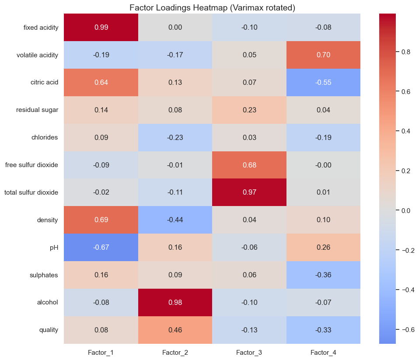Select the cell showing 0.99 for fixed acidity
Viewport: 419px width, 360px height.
(101, 28)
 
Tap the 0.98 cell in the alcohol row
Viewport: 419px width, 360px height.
(175, 302)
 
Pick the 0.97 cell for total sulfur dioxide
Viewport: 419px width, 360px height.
(249, 192)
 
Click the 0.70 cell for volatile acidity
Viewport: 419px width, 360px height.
(324, 55)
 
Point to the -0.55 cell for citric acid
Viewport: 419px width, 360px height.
(324, 83)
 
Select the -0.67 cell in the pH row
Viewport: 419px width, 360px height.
(101, 248)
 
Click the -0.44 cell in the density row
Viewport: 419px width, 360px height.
(175, 220)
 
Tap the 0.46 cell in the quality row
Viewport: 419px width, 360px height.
(175, 330)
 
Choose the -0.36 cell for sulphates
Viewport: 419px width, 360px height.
(324, 275)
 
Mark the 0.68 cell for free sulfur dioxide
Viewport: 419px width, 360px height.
(249, 165)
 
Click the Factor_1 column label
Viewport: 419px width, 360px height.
(101, 352)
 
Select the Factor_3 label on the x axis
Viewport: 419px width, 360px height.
(249, 352)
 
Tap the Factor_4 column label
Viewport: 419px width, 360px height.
(324, 352)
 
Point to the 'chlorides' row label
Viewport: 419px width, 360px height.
(46, 138)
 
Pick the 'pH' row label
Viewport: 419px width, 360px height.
(54, 248)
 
